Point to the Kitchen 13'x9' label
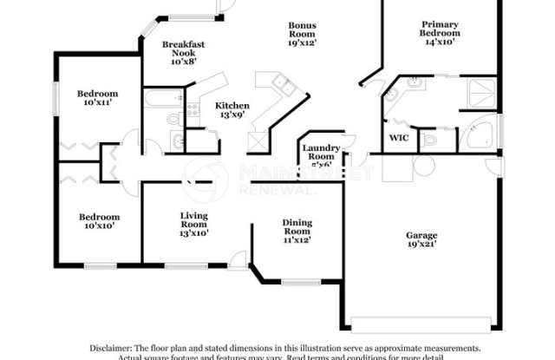tap(232, 110)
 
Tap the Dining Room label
tap(297, 228)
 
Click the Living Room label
tap(193, 221)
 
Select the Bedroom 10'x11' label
tap(97, 99)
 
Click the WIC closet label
tap(398, 138)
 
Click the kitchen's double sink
tap(283, 84)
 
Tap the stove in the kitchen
tap(256, 140)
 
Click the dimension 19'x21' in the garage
tap(421, 245)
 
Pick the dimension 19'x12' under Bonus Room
tap(302, 42)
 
